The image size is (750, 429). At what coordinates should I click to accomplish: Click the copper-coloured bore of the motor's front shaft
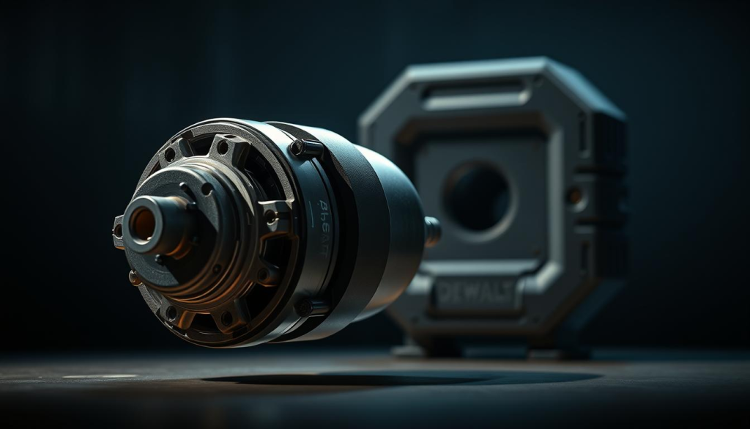143,224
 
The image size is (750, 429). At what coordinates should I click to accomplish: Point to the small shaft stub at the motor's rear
431,231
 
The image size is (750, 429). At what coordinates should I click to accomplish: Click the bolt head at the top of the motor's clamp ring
298,147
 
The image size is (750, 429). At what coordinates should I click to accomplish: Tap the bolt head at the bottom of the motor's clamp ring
302,307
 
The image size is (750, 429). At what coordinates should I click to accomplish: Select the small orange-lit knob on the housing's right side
575,196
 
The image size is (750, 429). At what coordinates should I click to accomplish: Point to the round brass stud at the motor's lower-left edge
134,278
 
